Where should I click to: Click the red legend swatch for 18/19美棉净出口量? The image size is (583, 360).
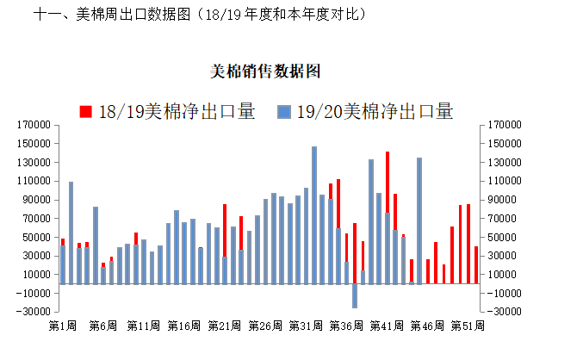(x=85, y=111)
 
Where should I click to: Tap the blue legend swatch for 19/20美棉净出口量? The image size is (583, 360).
(x=284, y=111)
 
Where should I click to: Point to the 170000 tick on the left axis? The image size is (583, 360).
(x=34, y=125)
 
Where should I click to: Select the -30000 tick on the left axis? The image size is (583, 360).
(x=32, y=312)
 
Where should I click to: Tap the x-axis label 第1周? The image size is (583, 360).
(x=64, y=326)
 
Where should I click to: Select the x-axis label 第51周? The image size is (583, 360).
(x=468, y=326)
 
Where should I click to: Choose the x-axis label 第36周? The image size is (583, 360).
(x=346, y=326)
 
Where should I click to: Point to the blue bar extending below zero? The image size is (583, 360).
(x=354, y=295)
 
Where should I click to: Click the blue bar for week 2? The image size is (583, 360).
(x=71, y=233)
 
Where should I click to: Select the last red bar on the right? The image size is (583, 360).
(x=476, y=265)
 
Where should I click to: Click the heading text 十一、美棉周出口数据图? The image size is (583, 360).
(x=112, y=15)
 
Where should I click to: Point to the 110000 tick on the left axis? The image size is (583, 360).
(x=34, y=181)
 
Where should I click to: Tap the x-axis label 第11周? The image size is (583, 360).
(x=144, y=326)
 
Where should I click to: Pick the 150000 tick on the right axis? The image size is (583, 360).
(x=504, y=144)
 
